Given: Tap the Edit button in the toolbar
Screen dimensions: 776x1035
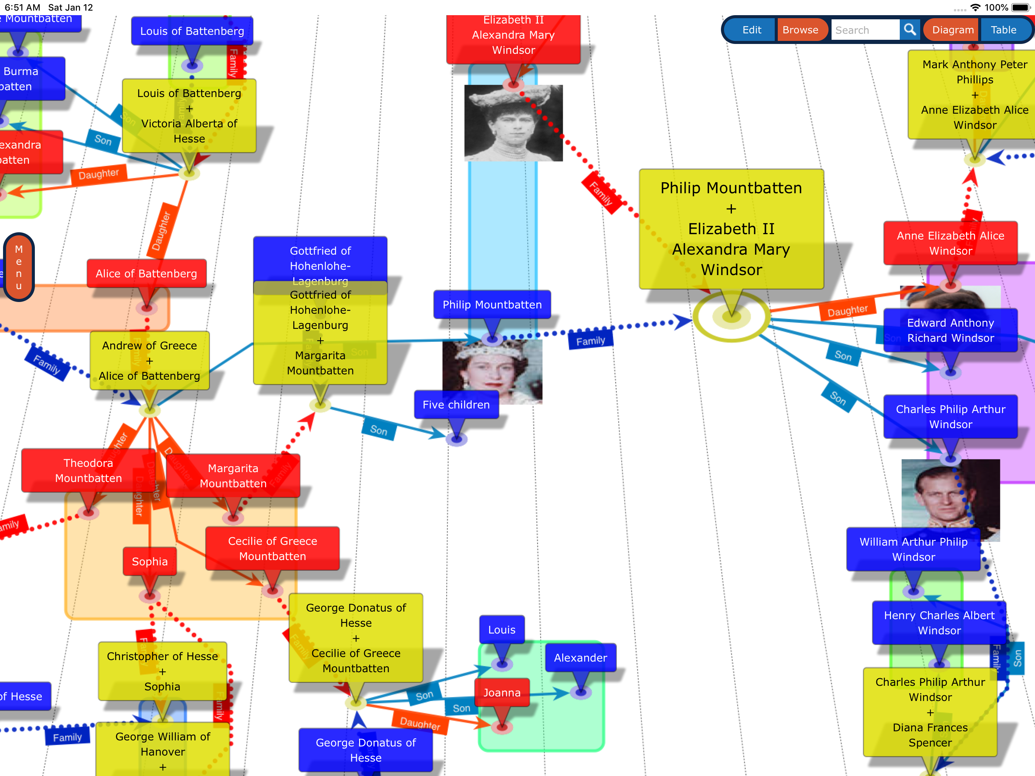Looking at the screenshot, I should [752, 30].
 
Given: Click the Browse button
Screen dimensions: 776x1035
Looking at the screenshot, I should [800, 30].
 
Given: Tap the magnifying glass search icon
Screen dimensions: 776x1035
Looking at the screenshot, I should [910, 30].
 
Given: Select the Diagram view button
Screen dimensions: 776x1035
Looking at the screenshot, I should [953, 30].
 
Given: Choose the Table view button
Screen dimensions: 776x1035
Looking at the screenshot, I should [1003, 30].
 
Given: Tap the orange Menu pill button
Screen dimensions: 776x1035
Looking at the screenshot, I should [19, 267].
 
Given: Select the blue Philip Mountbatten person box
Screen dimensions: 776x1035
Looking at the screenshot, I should [492, 305].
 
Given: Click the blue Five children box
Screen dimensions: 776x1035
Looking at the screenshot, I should [456, 405].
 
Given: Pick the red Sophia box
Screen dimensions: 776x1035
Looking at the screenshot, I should [150, 561].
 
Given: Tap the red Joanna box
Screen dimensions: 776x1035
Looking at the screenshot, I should [502, 692].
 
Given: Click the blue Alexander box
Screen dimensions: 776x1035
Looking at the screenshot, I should [580, 657].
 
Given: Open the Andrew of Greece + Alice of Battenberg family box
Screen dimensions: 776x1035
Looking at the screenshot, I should [149, 360].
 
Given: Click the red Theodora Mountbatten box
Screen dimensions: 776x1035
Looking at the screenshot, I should [88, 470].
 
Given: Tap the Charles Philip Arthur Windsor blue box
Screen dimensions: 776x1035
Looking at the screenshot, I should [950, 416].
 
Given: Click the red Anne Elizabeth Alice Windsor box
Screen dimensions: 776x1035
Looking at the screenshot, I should [950, 243].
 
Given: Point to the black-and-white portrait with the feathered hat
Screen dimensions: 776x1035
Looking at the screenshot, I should [513, 123].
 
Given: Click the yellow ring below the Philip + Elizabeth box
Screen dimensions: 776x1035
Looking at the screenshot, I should [731, 317].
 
